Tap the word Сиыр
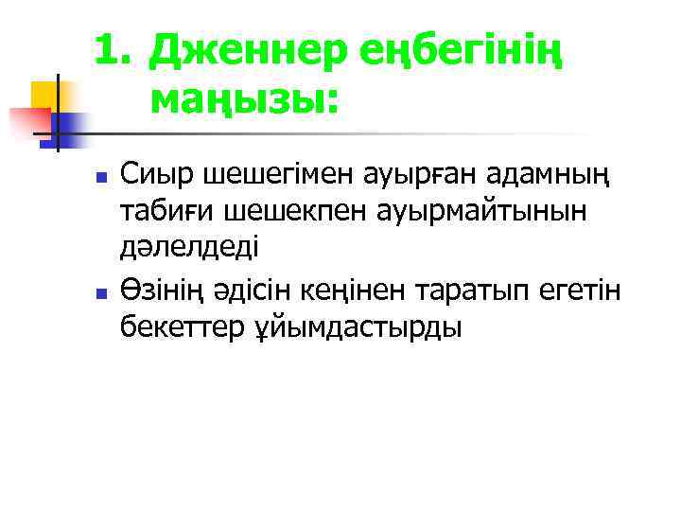point(155,176)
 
